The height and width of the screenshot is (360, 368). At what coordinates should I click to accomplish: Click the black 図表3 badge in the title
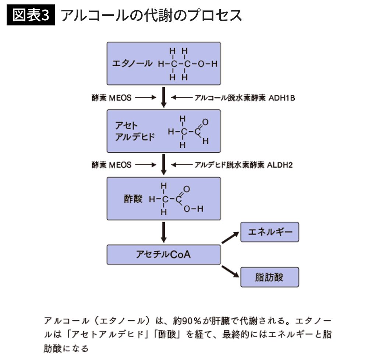31,15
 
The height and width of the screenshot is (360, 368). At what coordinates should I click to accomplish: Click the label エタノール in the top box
132,63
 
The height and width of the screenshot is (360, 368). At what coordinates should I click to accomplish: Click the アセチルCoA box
164,254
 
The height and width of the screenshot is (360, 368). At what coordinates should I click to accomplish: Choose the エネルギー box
269,232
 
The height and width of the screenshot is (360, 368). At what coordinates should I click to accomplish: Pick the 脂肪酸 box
269,277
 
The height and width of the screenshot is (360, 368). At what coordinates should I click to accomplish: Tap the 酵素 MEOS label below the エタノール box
112,98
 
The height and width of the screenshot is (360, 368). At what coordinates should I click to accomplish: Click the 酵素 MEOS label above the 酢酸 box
112,165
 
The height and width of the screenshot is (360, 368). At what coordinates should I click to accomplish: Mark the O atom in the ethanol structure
201,64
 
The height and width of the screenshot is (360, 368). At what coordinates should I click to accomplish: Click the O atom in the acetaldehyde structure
205,122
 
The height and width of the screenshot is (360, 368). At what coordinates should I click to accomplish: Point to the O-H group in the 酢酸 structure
194,209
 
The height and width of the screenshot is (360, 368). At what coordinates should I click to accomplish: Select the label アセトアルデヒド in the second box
135,131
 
